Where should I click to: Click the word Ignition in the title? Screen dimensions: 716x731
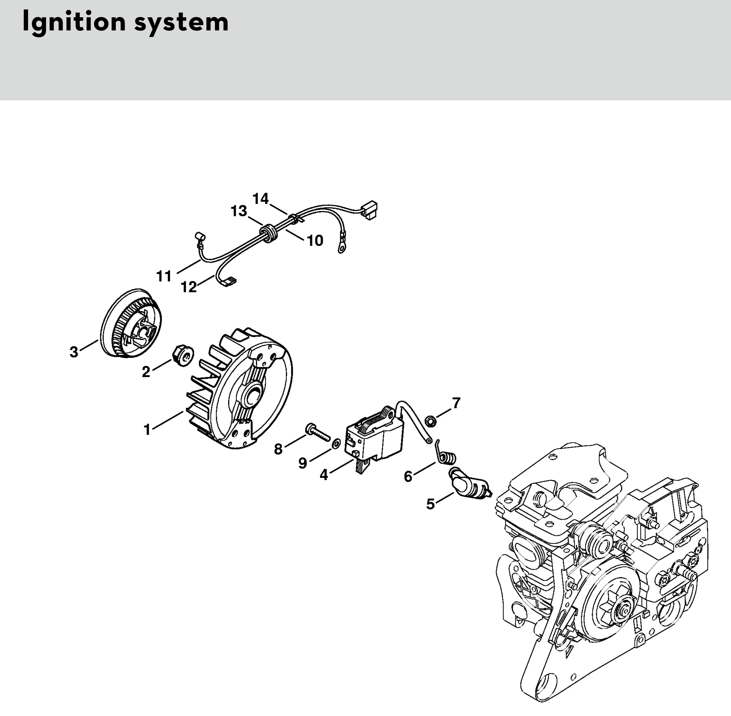74,23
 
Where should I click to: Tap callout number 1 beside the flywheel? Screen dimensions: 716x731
147,429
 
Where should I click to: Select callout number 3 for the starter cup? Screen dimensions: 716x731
74,352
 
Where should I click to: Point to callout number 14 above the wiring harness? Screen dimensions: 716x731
261,199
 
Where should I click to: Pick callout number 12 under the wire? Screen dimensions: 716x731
189,287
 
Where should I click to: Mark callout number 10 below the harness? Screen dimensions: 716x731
315,241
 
